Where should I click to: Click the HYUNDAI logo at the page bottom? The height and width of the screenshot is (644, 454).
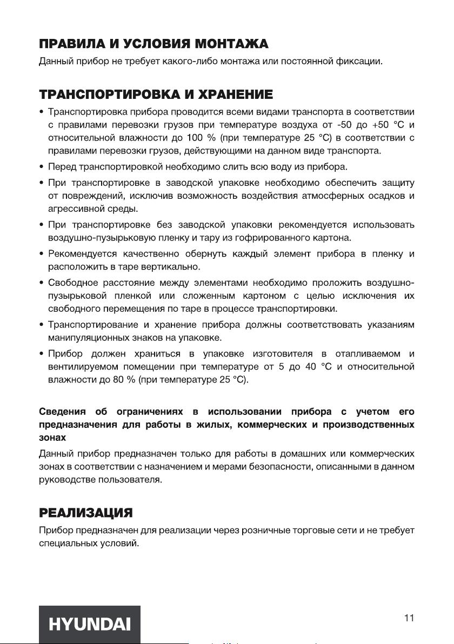[89, 625]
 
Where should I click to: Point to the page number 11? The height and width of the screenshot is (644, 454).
[409, 618]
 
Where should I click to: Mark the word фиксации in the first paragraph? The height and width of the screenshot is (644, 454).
[362, 61]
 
